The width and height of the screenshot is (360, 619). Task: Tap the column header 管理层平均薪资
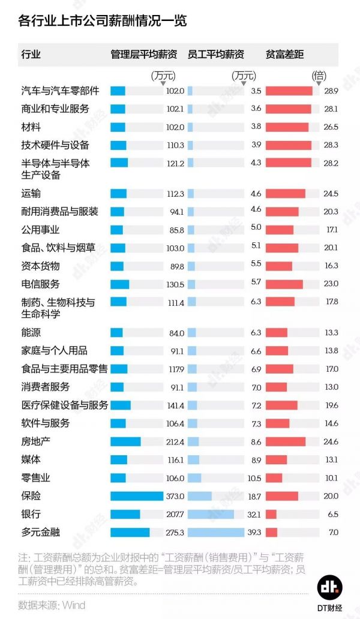coord(143,55)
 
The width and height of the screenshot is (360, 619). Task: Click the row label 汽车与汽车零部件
coord(60,91)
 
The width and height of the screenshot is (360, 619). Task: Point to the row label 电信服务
coord(40,284)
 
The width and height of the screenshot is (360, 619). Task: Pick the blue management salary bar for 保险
coord(137,496)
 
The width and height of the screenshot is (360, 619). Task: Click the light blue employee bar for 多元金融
coord(215,532)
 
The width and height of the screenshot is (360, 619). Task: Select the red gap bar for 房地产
coord(285,441)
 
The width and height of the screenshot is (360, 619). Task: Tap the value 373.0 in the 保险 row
coord(175,497)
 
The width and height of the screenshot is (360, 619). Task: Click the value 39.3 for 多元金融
coord(254,533)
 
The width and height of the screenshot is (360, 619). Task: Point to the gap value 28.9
coord(331,91)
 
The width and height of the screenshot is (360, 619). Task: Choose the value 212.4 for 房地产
coord(175,442)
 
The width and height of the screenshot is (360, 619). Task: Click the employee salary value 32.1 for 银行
coord(254,515)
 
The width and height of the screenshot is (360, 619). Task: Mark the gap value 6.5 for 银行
coord(332,515)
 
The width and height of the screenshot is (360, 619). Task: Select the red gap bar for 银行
coord(271,514)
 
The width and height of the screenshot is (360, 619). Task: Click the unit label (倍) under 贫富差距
coord(319,76)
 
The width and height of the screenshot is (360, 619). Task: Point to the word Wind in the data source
coord(74,605)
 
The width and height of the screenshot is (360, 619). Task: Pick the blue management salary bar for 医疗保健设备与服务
coord(121,405)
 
